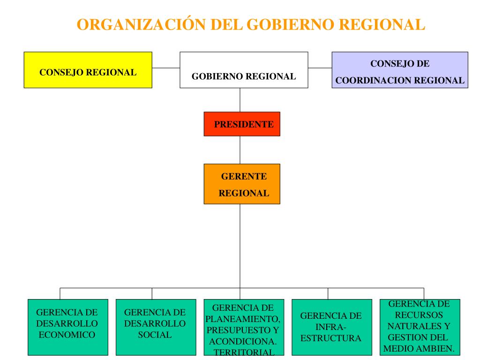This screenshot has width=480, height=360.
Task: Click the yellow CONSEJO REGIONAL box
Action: (x=88, y=70)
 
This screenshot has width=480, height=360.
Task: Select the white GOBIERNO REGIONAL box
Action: (x=244, y=70)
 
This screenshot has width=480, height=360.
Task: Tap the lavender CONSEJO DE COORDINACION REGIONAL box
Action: (x=399, y=70)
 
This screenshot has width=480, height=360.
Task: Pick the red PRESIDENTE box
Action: (x=242, y=124)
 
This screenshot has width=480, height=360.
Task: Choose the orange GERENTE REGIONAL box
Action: (x=242, y=184)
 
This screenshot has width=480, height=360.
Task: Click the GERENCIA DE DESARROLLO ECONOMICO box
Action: (x=67, y=327)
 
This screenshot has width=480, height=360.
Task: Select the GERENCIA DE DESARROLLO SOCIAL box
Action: (x=155, y=327)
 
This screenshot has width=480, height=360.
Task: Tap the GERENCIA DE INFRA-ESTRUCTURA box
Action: (x=331, y=327)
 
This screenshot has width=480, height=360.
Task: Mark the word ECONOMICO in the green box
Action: (x=67, y=335)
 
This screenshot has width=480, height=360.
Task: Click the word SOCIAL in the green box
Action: (x=155, y=335)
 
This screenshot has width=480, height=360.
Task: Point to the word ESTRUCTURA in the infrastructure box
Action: (x=331, y=338)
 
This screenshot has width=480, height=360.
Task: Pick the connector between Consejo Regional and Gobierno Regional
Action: (x=166, y=67)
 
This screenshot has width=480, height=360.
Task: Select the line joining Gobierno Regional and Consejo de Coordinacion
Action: (x=320, y=67)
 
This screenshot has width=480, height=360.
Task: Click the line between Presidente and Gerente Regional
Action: (x=240, y=150)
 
